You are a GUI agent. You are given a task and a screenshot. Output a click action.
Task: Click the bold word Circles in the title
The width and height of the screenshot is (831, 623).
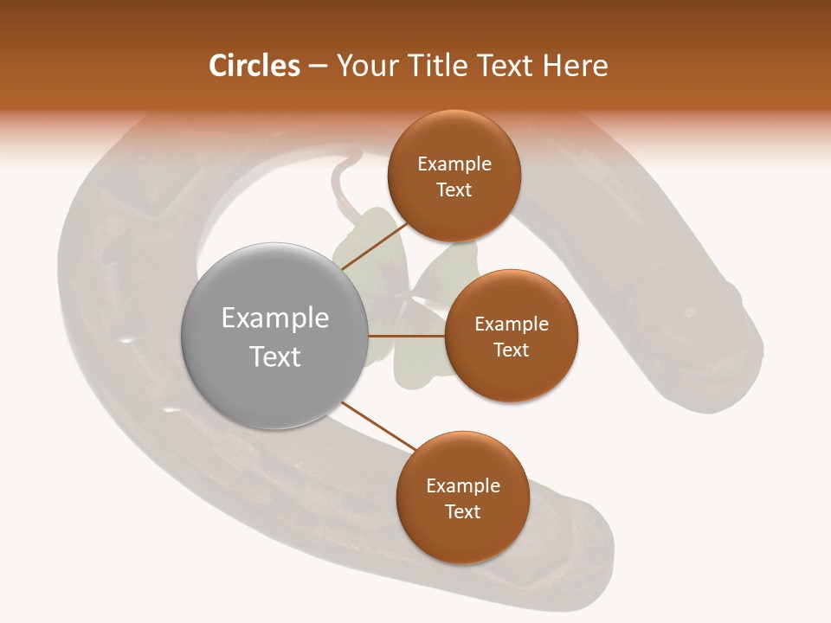pos(254,66)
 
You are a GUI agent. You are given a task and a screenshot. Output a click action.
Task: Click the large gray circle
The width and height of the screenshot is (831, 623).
pos(275,336)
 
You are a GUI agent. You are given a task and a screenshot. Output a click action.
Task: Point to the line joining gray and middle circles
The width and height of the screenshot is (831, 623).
pos(407,336)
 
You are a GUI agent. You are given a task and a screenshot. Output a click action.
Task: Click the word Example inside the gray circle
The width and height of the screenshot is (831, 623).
pos(275,318)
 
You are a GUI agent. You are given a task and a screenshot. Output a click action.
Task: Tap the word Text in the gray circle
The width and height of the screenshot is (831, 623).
pos(275,356)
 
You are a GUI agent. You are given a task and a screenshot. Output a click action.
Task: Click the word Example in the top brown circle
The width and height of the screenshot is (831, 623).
pos(454,164)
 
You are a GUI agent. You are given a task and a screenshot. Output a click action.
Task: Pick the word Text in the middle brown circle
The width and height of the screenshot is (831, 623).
pos(511,350)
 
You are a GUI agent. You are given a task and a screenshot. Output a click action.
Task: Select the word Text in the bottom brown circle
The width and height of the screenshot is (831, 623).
pos(462,511)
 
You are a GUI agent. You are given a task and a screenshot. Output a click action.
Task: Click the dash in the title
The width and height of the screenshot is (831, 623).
pos(317,67)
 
